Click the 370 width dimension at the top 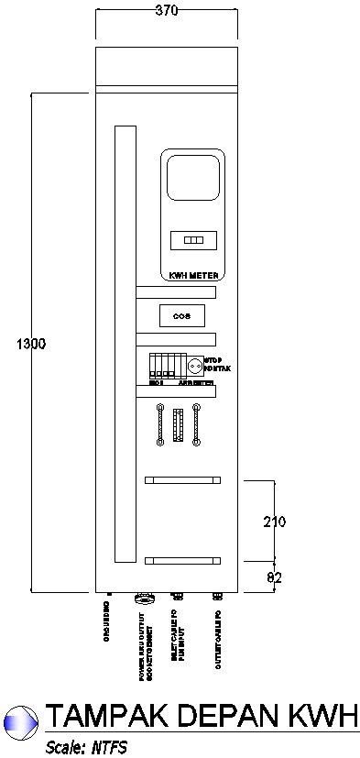click(x=167, y=11)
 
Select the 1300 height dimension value click(x=31, y=344)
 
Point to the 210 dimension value click(x=275, y=522)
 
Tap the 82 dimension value click(x=274, y=577)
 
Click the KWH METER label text click(x=192, y=274)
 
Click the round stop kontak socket click(x=194, y=366)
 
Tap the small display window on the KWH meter click(x=192, y=240)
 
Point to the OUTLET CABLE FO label click(x=218, y=639)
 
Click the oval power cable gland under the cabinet click(x=142, y=599)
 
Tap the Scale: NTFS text click(x=86, y=747)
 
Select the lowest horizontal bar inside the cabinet click(x=182, y=560)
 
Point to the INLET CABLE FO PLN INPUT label click(x=178, y=634)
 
